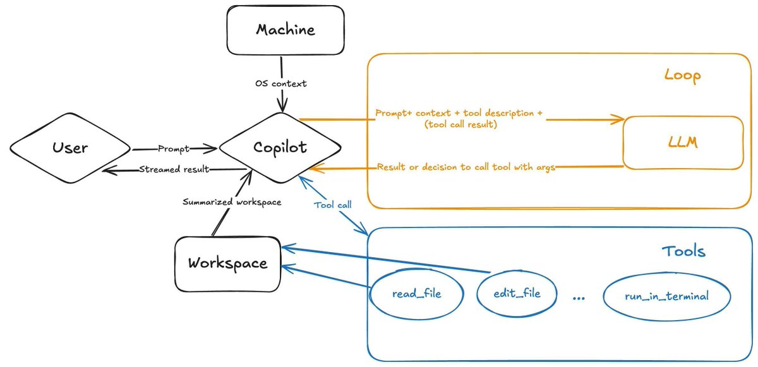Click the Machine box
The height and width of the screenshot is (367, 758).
tap(285, 30)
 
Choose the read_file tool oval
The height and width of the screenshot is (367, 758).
tap(416, 294)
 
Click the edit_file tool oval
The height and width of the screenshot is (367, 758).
tap(517, 293)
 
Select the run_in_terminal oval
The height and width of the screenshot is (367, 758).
tap(666, 296)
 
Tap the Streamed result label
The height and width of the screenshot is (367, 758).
tap(174, 169)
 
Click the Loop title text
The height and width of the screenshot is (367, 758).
tap(682, 76)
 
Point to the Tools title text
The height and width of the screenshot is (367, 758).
tap(683, 251)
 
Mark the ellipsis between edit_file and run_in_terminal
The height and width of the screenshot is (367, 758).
tap(579, 298)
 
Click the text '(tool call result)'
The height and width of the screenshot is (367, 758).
tap(461, 125)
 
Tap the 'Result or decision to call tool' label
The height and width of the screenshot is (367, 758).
tap(466, 167)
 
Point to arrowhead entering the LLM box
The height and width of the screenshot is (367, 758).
tap(619, 119)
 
